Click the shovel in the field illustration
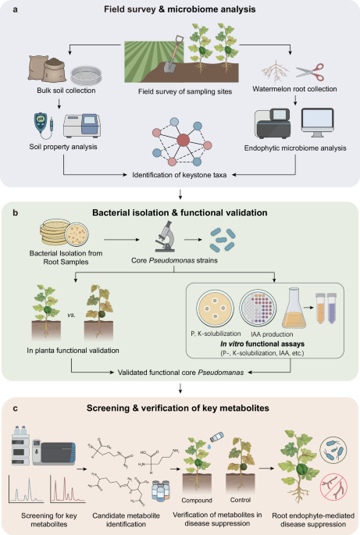pyautogui.click(x=173, y=55)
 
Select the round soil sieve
pyautogui.click(x=86, y=75)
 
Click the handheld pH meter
pyautogui.click(x=41, y=123)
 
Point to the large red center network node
pyautogui.click(x=184, y=141)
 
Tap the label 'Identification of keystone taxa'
pyautogui.click(x=180, y=175)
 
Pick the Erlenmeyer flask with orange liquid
pyautogui.click(x=294, y=308)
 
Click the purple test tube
pyautogui.click(x=332, y=308)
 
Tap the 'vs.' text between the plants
pyautogui.click(x=71, y=315)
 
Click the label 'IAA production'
pyautogui.click(x=272, y=334)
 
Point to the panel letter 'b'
pyautogui.click(x=16, y=213)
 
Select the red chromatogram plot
pyautogui.click(x=68, y=489)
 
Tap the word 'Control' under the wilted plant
pyautogui.click(x=241, y=500)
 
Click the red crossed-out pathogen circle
pyautogui.click(x=333, y=487)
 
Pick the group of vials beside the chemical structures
pyautogui.click(x=160, y=490)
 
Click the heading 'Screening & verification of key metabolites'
pyautogui.click(x=178, y=408)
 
